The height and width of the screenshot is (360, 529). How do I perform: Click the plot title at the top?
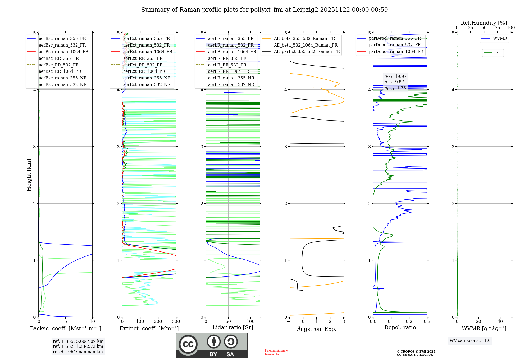click(x=264, y=10)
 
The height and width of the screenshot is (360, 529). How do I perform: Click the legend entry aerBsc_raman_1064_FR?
click(x=63, y=52)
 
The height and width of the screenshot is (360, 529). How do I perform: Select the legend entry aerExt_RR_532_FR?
click(x=143, y=65)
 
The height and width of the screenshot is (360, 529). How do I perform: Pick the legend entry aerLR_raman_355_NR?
click(x=231, y=78)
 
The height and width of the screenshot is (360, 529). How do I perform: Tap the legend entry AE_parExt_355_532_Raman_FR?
click(x=307, y=51)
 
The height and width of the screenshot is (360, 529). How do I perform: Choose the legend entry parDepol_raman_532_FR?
click(x=395, y=45)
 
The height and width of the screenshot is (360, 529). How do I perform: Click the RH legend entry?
click(x=498, y=53)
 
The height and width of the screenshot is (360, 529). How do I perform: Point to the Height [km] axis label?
click(x=29, y=175)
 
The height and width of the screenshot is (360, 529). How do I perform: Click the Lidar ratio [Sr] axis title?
click(x=233, y=327)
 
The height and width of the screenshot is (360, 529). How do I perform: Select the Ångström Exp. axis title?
click(x=317, y=329)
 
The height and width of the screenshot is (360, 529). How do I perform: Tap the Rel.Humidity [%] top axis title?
click(x=484, y=23)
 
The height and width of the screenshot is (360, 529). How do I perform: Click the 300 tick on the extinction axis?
click(x=176, y=322)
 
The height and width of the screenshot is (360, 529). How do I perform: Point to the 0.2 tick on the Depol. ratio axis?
click(x=409, y=322)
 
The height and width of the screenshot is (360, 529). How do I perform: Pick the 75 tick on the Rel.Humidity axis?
click(x=497, y=28)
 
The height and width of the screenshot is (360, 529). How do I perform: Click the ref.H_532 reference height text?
click(x=78, y=346)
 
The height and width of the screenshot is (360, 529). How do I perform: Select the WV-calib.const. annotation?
click(x=470, y=340)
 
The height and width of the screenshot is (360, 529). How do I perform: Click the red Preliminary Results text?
click(x=276, y=352)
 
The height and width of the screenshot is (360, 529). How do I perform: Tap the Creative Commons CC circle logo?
click(x=188, y=344)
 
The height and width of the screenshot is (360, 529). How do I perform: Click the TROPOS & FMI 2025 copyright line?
click(x=416, y=352)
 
